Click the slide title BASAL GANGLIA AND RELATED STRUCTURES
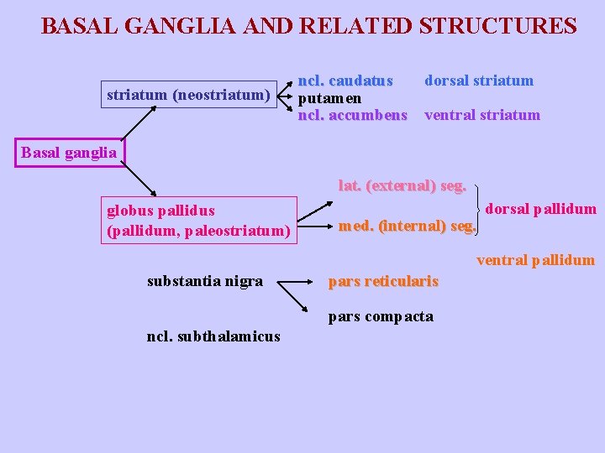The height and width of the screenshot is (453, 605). point(308,26)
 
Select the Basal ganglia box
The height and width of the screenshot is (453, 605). point(69,153)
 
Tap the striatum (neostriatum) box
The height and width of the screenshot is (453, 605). point(187,96)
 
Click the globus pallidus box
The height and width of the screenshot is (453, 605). point(199,221)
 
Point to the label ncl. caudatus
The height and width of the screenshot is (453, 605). point(346,81)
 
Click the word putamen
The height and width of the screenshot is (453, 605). point(330,98)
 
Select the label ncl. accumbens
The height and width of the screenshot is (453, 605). point(353,115)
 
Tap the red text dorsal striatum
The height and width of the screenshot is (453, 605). point(479,81)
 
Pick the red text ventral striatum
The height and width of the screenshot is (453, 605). point(482,115)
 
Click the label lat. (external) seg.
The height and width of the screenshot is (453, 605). point(402,185)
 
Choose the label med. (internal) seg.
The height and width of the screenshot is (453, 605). point(407,225)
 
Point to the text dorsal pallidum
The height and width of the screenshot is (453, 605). point(541,209)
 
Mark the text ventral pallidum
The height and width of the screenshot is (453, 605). point(535,260)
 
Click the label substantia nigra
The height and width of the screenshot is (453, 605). point(205,281)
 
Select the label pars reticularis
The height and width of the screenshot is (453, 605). point(383,281)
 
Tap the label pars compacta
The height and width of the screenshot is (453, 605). point(381,316)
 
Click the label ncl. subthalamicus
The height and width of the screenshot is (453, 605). point(213,336)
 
